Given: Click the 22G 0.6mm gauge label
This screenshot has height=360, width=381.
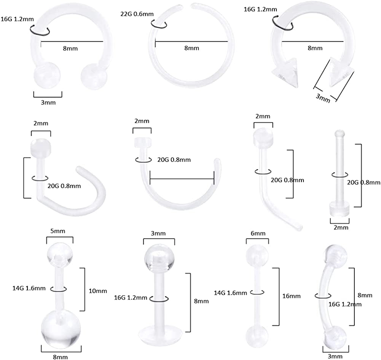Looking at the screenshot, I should tap(137, 14).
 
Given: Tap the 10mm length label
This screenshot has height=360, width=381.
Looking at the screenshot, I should tap(98, 291).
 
